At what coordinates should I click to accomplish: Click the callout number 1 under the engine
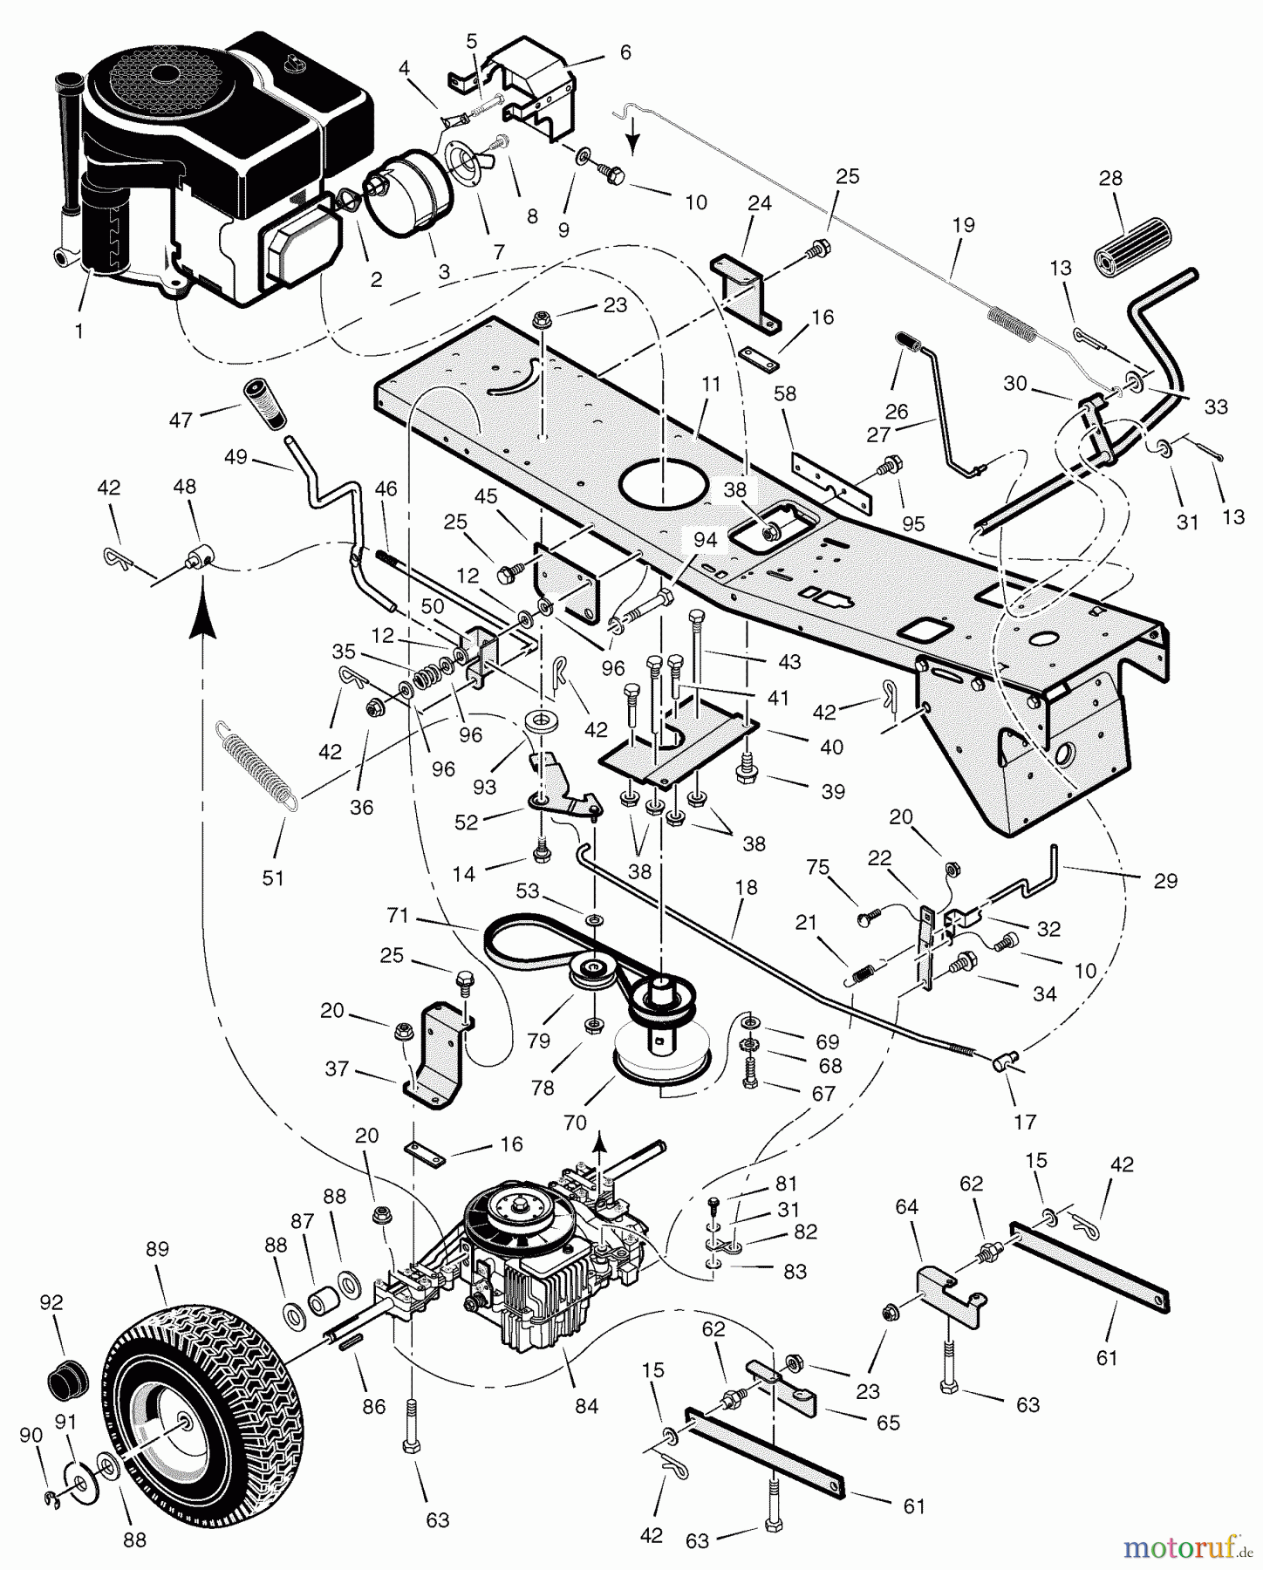pyautogui.click(x=79, y=332)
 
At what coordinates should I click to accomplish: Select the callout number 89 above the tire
pyautogui.click(x=157, y=1249)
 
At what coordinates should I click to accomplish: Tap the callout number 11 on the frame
pyautogui.click(x=711, y=385)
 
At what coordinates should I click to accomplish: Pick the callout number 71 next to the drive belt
pyautogui.click(x=398, y=916)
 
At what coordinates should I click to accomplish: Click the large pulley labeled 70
pyautogui.click(x=661, y=1056)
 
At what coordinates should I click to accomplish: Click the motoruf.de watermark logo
pyautogui.click(x=1186, y=1547)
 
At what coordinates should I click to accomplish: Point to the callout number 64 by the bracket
pyautogui.click(x=907, y=1207)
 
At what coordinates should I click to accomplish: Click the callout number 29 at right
pyautogui.click(x=1165, y=881)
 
